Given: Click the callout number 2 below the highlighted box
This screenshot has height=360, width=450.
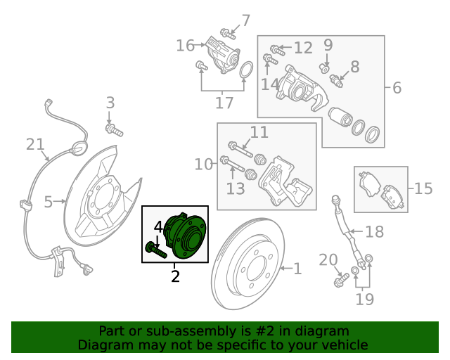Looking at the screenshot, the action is (x=175, y=276).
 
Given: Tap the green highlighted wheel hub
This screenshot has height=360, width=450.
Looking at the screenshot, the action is (x=186, y=236).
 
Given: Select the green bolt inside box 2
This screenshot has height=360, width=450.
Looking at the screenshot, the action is (x=156, y=250).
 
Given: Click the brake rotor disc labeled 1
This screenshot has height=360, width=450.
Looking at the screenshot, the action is (x=248, y=264).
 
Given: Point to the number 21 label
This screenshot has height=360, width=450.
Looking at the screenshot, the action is (x=35, y=144).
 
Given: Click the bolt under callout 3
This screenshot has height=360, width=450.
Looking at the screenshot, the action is (x=114, y=130).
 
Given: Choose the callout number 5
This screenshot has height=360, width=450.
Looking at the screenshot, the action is (x=49, y=202).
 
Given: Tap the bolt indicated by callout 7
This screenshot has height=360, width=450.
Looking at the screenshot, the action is (x=228, y=34).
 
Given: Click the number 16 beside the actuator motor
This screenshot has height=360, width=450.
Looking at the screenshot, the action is (x=185, y=46).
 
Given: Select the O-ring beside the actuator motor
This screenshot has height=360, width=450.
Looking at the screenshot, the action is (x=246, y=70).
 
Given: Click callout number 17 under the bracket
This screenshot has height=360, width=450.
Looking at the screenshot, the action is (x=224, y=103).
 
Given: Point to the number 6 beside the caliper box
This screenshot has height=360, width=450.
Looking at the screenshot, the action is (x=397, y=88).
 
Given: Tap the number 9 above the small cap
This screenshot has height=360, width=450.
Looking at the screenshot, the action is (x=328, y=45).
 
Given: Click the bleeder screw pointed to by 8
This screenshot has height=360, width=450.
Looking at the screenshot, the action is (x=336, y=81).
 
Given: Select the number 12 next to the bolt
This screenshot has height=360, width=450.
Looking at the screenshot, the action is (x=303, y=48).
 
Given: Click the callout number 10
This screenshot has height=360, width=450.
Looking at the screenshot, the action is (x=203, y=165).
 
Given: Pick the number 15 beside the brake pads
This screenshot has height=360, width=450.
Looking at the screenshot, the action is (x=423, y=188).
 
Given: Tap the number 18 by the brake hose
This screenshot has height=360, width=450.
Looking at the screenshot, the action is (x=375, y=231).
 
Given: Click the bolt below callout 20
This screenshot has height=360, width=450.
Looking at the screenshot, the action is (x=341, y=280).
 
